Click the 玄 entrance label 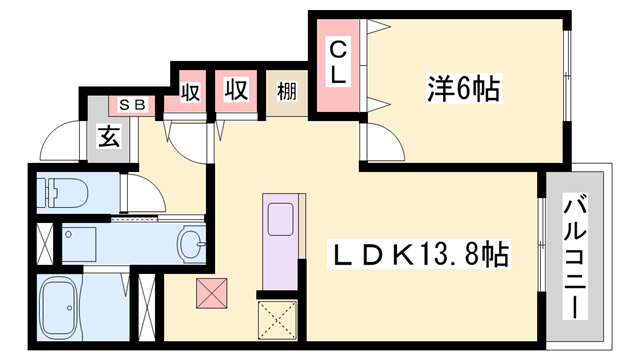pos(109,137)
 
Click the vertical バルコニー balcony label pos(577,244)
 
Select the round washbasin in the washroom pos(191,243)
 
